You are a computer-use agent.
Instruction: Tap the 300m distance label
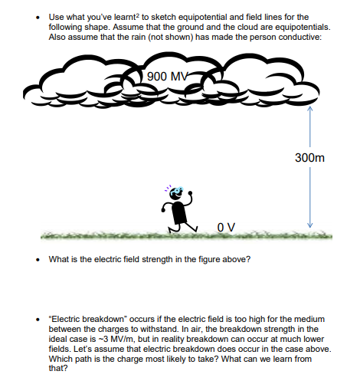(x=309, y=157)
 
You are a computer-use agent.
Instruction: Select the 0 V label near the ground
(x=225, y=225)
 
